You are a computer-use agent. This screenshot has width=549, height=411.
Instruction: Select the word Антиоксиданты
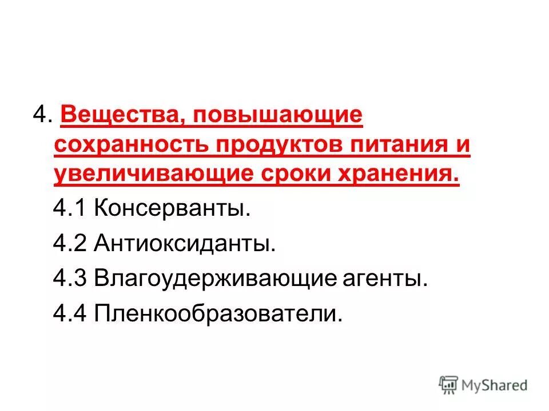(185, 244)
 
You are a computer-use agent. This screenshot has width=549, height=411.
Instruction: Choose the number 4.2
(70, 244)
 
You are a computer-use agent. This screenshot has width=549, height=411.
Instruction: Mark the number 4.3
(70, 279)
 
